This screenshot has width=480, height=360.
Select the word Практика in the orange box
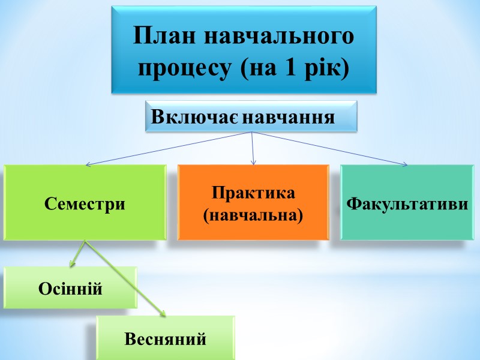click(x=253, y=194)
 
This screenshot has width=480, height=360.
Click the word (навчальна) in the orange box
click(x=253, y=213)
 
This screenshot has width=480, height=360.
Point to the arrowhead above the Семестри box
click(x=88, y=164)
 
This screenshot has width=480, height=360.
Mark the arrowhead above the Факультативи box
click(x=405, y=163)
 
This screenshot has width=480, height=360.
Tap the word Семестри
click(x=85, y=203)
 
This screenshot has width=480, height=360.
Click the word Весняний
click(x=166, y=339)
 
